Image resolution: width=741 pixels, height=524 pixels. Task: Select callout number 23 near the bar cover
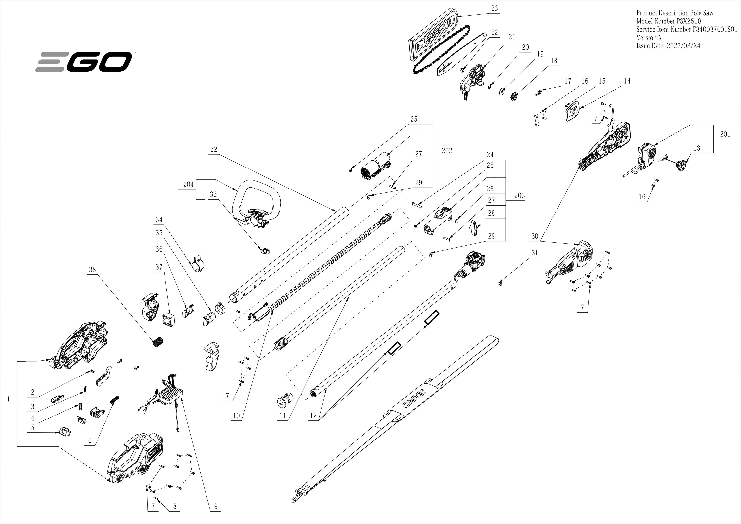(x=494, y=8)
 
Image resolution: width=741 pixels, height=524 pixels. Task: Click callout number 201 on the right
(x=725, y=134)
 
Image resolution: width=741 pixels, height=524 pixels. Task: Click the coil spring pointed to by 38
(x=158, y=342)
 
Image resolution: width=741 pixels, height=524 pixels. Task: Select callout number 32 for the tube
(x=214, y=149)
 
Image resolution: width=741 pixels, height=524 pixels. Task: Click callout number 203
(x=519, y=195)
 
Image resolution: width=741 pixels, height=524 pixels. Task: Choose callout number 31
(x=535, y=253)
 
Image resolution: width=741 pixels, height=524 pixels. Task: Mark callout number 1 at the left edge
(x=8, y=399)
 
